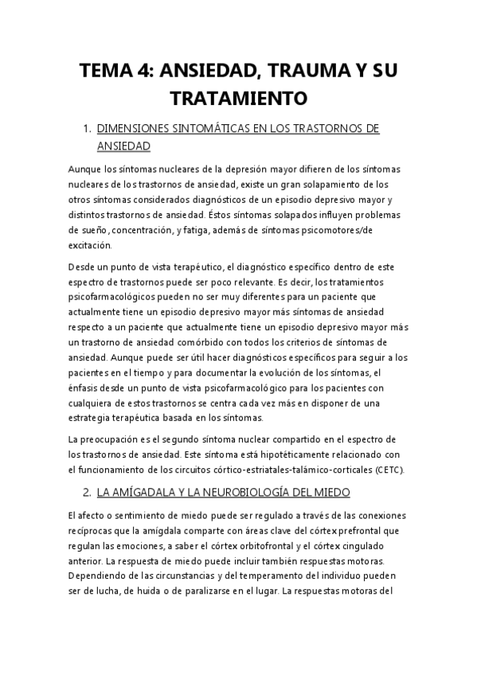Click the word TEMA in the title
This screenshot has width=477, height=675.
[x=108, y=72]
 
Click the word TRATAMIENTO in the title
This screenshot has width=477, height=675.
[x=238, y=98]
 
